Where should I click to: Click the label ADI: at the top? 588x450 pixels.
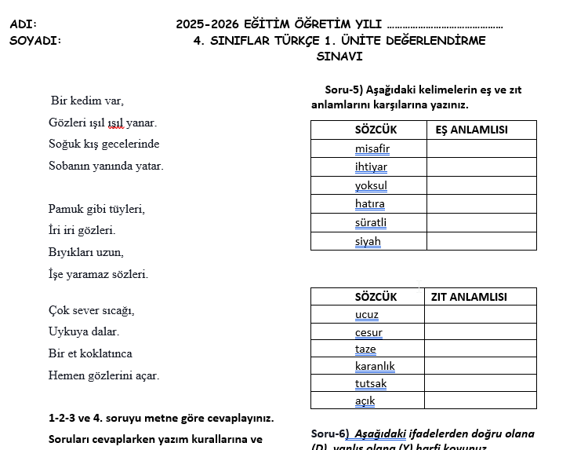(x=24, y=24)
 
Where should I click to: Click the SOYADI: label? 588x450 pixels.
(x=35, y=41)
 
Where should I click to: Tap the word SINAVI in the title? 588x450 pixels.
(x=339, y=57)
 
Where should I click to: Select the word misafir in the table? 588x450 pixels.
(x=372, y=148)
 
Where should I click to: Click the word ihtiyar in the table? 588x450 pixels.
(x=371, y=166)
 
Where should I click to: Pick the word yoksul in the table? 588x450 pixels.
(x=371, y=185)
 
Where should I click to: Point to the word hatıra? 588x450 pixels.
(x=370, y=204)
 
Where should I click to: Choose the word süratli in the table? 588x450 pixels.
(x=370, y=222)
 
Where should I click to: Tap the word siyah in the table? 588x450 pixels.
(x=368, y=241)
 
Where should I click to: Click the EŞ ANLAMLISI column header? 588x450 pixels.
(x=471, y=130)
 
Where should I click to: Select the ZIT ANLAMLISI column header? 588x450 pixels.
(x=469, y=297)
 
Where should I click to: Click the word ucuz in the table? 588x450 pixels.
(x=366, y=315)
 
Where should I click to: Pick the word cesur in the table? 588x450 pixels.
(x=368, y=332)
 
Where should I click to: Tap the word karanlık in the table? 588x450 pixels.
(x=375, y=367)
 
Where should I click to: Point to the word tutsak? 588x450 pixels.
(x=371, y=384)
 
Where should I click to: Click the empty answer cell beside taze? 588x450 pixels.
(x=480, y=349)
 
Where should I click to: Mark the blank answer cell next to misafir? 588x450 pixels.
(x=481, y=148)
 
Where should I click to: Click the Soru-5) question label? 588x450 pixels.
(x=347, y=90)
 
